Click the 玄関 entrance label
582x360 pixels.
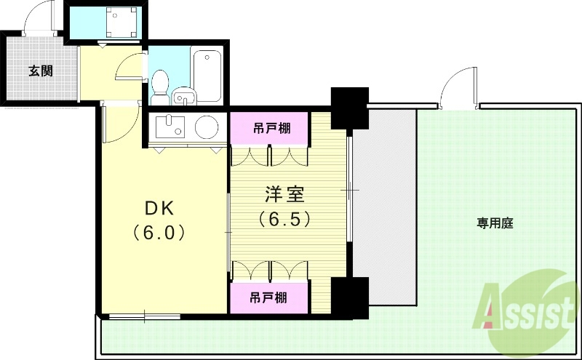tap(41, 71)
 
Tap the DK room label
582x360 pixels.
tap(159, 208)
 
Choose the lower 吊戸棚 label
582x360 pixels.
tap(268, 297)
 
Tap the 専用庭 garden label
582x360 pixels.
tap(495, 223)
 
